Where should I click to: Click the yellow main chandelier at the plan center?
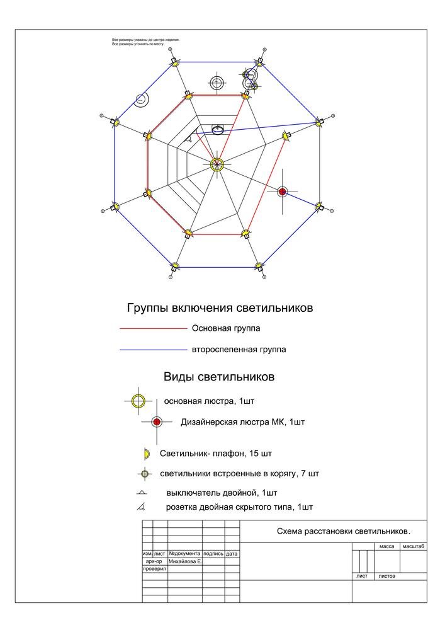(217, 164)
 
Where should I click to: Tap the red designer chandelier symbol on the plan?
(283, 192)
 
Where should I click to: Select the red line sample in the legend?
(154, 329)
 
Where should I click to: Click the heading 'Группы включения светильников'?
(220, 309)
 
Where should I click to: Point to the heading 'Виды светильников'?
(219, 377)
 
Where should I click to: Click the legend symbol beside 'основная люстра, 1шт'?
(138, 401)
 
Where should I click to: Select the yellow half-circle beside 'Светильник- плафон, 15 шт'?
(147, 454)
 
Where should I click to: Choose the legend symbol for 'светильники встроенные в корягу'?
(145, 474)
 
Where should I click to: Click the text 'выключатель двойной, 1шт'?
(222, 492)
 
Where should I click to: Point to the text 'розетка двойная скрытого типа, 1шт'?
(239, 507)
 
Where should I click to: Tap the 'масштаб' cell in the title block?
(412, 547)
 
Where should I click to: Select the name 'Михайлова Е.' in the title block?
(185, 561)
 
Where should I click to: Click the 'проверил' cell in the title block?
(155, 568)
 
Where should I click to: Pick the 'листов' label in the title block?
(387, 576)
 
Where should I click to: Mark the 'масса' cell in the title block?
(386, 547)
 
